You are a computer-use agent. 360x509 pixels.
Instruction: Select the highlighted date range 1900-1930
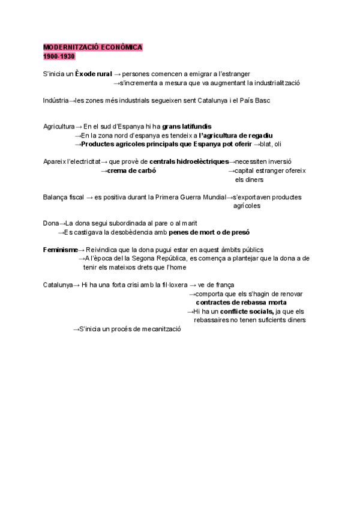(x=58, y=56)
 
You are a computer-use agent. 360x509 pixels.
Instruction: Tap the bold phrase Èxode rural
(x=93, y=74)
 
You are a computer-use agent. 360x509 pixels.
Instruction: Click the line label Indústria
(x=56, y=100)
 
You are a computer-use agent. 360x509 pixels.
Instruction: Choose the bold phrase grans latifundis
(x=187, y=127)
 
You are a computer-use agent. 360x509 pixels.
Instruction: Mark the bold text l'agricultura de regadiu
(x=236, y=136)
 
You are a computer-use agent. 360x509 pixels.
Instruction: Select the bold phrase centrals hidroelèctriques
(x=189, y=161)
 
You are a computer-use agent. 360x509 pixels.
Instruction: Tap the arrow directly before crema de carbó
(x=103, y=170)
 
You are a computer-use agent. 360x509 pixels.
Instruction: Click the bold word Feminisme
(x=60, y=249)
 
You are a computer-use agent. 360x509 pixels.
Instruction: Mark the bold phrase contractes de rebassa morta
(x=241, y=303)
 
